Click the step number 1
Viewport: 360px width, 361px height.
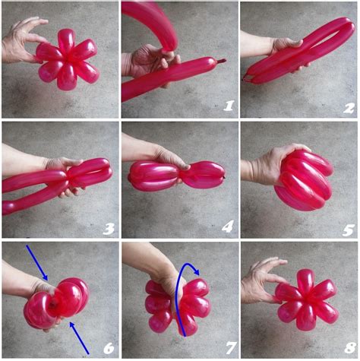point(229,106)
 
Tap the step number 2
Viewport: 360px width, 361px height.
point(349,108)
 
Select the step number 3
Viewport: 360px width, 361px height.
point(109,229)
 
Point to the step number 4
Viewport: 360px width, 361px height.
point(227,227)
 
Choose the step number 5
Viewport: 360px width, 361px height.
point(349,230)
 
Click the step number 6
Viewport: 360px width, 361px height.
point(109,348)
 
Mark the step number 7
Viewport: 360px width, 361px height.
point(231,348)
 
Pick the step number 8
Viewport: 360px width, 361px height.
point(350,348)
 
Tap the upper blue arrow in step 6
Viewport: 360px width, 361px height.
point(37,262)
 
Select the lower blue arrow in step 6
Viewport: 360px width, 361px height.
point(79,337)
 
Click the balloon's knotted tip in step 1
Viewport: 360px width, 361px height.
point(220,61)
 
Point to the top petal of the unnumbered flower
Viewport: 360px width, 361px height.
point(66,41)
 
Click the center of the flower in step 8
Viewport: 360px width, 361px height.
point(306,298)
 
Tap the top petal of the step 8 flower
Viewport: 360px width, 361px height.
point(305,280)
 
